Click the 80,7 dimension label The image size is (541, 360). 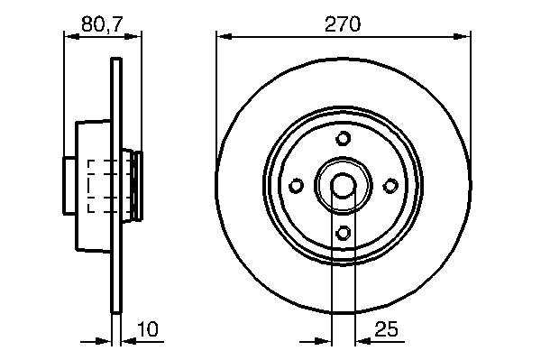click(102, 24)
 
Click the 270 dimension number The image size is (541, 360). click(343, 24)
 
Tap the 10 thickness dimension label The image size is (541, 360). click(148, 329)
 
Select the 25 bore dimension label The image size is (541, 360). click(386, 329)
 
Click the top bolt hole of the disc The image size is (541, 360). click(343, 138)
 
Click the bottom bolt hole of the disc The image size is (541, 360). click(343, 233)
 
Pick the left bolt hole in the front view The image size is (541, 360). click(296, 186)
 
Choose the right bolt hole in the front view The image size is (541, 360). click(390, 186)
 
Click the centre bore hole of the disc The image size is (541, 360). click(343, 186)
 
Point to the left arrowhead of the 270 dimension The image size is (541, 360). click(224, 36)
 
